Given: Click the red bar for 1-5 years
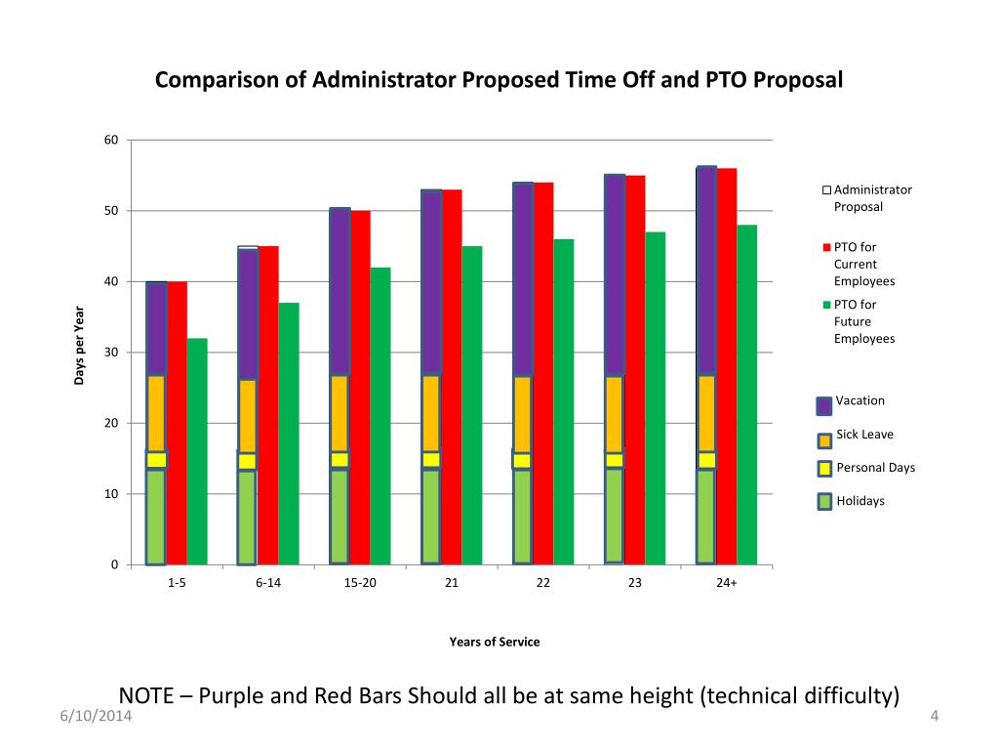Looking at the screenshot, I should [x=177, y=423].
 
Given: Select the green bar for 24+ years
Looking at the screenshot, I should [x=746, y=395].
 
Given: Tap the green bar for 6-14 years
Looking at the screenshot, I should [x=289, y=434].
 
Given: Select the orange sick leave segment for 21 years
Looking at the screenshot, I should [x=431, y=412].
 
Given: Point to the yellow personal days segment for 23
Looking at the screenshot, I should [x=614, y=460].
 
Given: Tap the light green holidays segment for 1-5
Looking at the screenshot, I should [x=155, y=517].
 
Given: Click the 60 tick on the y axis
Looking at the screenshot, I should [x=111, y=141].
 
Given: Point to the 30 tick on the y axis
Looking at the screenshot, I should [x=111, y=353].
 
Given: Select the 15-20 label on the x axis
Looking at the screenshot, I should [x=360, y=583].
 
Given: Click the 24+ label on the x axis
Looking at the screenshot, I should [x=726, y=583].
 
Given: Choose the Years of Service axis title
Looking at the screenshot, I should [x=494, y=642].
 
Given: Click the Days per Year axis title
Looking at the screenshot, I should [x=79, y=345].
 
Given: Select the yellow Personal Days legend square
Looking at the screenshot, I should [x=824, y=469].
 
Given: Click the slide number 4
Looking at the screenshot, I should [x=934, y=718].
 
